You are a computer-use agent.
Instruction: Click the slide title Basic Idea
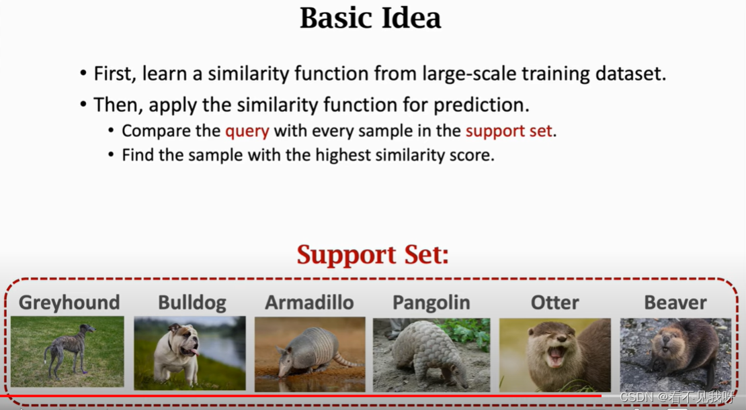click(x=370, y=18)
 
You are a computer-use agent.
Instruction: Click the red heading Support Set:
click(x=372, y=254)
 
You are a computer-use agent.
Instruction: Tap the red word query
click(x=247, y=131)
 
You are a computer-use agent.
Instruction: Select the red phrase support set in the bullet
click(x=509, y=131)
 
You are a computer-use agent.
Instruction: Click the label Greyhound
click(x=69, y=303)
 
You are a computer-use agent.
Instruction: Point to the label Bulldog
click(x=192, y=303)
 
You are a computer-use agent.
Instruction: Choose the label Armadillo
click(x=309, y=302)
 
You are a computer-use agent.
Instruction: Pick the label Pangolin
click(x=431, y=303)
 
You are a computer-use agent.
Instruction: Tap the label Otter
click(x=554, y=302)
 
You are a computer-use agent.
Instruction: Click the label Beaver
click(x=675, y=302)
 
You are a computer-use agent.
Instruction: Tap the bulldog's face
click(x=185, y=340)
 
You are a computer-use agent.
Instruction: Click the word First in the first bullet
click(x=112, y=74)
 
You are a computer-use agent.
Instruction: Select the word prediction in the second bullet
click(x=480, y=105)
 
